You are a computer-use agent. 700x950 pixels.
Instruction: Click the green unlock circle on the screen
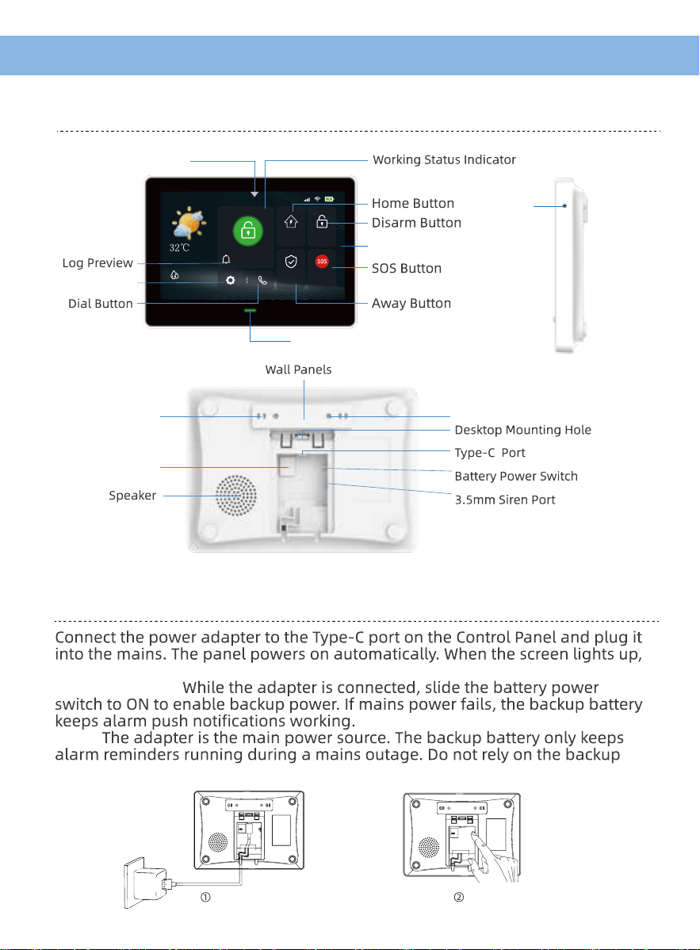point(247,231)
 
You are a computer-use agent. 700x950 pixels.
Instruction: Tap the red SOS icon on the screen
point(322,261)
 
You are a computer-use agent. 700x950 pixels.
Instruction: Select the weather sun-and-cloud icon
point(189,223)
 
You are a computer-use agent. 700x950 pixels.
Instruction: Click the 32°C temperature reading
point(179,247)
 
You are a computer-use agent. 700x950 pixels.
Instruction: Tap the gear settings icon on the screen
point(230,281)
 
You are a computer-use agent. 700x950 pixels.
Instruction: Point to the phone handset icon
point(262,281)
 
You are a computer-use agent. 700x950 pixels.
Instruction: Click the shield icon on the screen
point(291,261)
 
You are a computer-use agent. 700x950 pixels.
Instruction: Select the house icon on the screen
point(291,222)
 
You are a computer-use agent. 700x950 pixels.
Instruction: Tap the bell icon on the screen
point(226,259)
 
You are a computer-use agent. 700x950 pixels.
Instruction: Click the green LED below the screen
point(250,310)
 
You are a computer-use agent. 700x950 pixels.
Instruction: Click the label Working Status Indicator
point(444,160)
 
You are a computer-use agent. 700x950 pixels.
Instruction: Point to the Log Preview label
point(98,263)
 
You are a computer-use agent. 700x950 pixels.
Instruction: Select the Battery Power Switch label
point(516,477)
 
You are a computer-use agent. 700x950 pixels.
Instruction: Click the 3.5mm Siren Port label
point(505,500)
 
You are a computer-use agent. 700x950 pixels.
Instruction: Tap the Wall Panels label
point(299,370)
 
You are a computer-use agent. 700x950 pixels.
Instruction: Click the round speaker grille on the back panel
point(236,496)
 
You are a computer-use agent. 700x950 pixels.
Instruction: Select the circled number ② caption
point(458,898)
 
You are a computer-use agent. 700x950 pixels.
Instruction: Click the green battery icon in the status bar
point(329,199)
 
